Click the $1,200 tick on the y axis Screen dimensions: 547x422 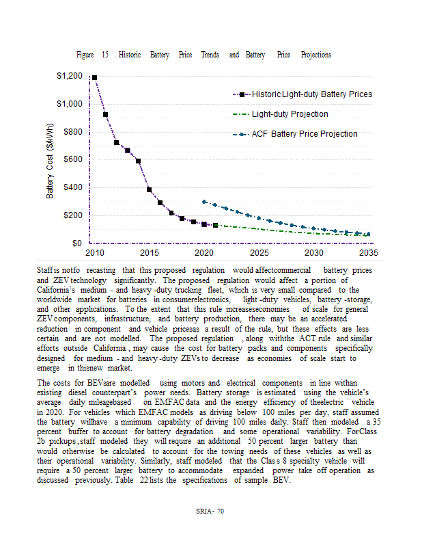70,76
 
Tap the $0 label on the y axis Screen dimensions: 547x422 77,243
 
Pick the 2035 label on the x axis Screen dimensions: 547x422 368,252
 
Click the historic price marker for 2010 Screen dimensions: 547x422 94,78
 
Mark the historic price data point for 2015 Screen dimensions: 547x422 149,189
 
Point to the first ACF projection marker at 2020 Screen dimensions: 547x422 204,202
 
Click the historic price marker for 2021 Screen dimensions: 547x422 215,225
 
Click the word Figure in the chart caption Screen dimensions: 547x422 85,55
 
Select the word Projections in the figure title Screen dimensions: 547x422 315,55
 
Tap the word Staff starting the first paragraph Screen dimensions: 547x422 45,271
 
